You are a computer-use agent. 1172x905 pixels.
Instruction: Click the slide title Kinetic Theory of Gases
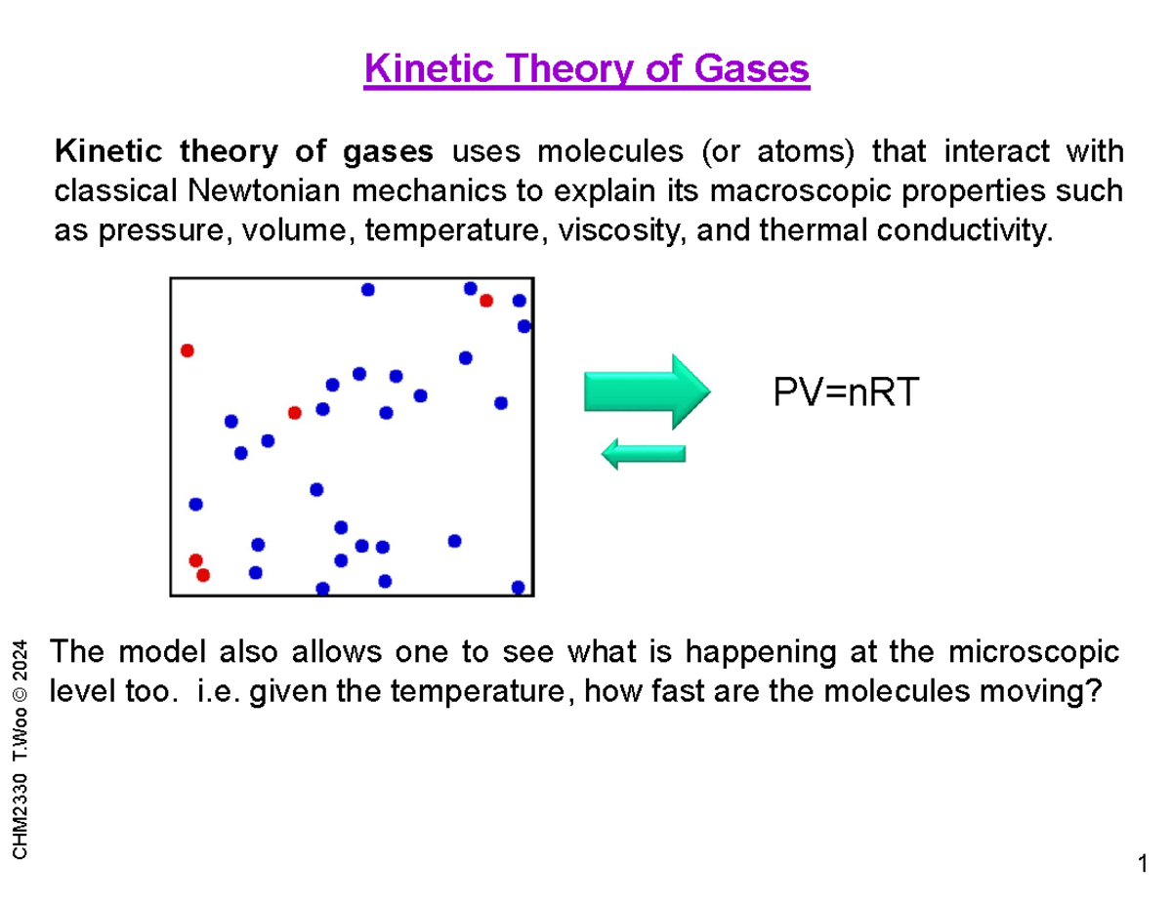coord(586,70)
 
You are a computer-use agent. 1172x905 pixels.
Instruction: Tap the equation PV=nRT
coord(846,393)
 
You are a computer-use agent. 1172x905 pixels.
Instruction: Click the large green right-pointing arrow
coord(645,391)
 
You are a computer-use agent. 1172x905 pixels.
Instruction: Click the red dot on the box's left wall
coord(187,350)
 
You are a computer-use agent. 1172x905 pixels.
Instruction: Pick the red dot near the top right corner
coord(485,301)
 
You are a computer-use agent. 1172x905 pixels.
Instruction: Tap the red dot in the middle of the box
coord(294,413)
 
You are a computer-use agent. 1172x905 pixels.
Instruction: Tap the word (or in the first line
coord(721,152)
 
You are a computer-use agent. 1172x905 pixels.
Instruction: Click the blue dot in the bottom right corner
coord(518,587)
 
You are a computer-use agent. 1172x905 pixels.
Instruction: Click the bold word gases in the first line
coord(391,152)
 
